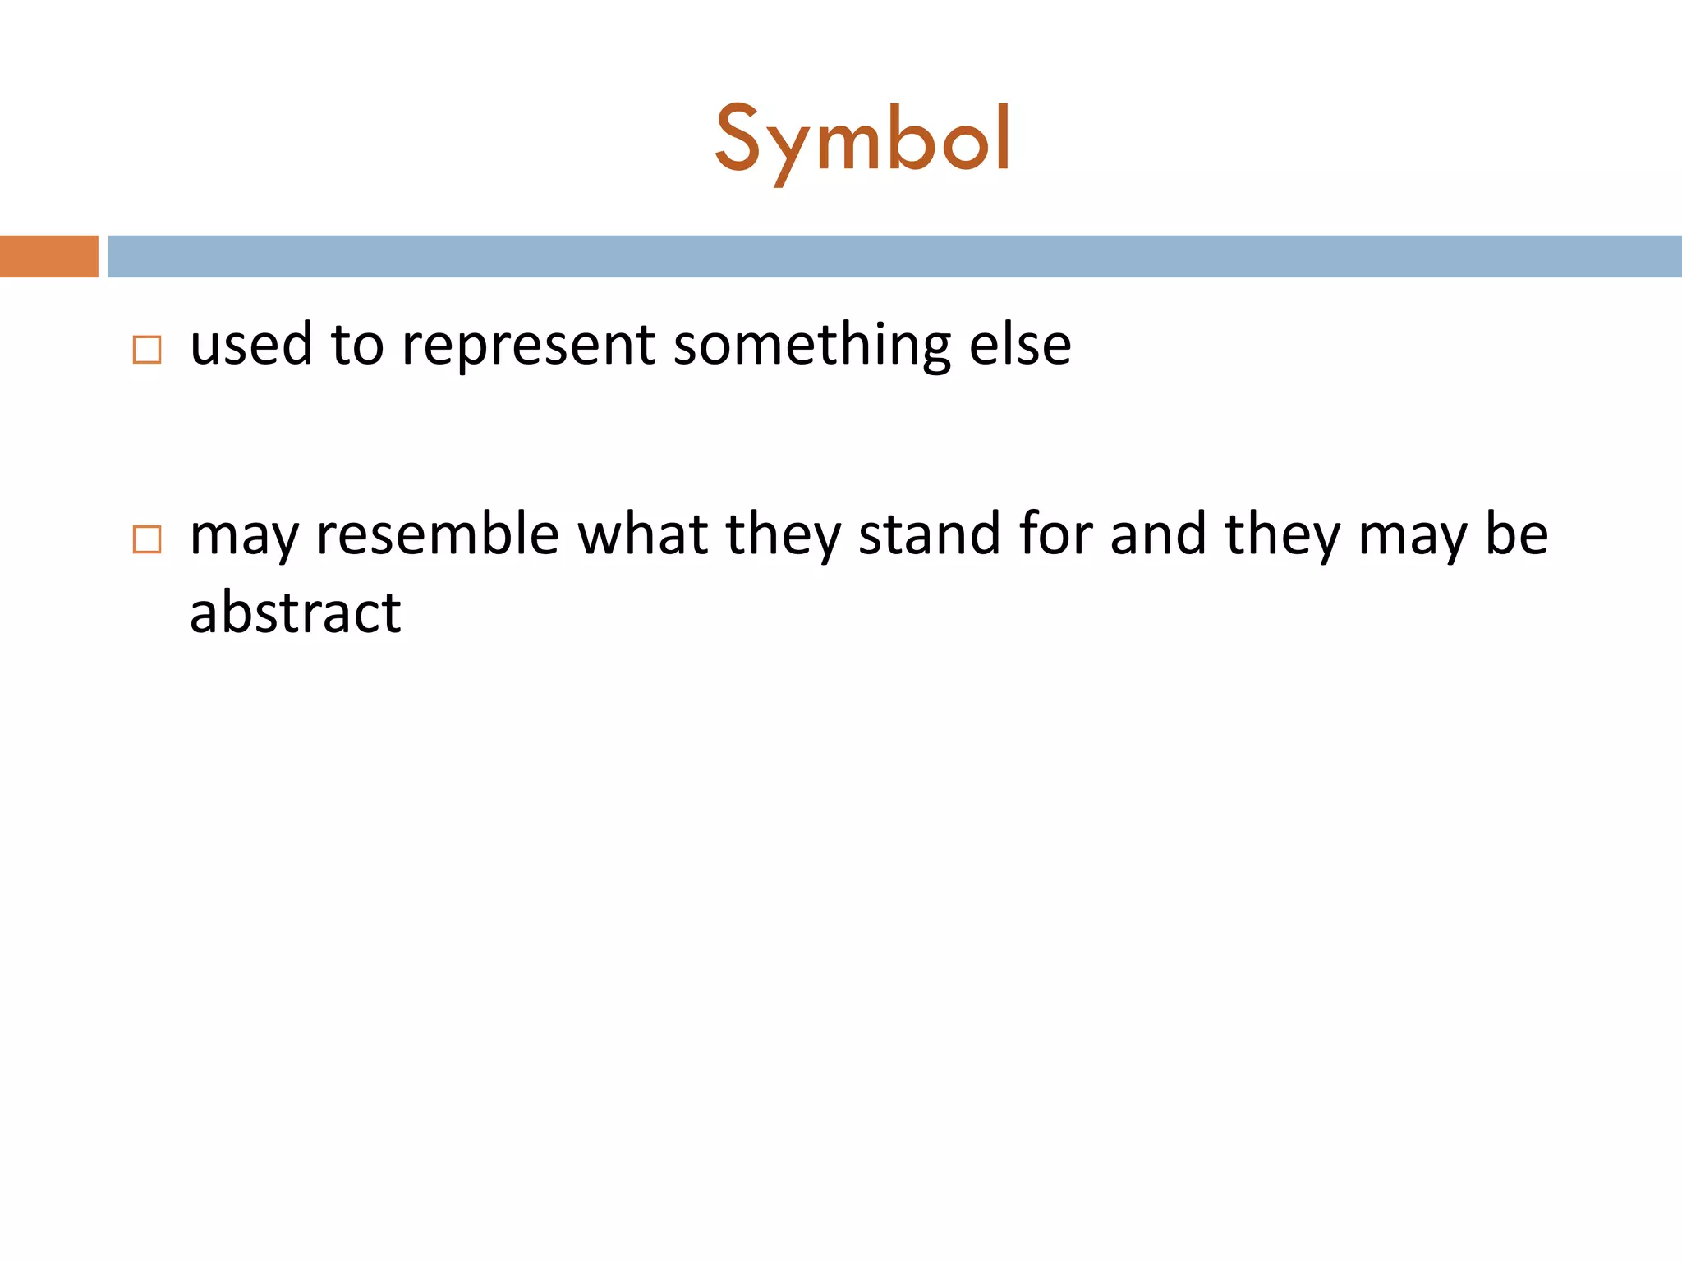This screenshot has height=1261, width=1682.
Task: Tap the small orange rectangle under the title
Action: (x=48, y=256)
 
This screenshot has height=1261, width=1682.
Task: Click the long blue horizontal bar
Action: (x=894, y=256)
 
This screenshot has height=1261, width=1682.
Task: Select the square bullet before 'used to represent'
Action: (x=147, y=350)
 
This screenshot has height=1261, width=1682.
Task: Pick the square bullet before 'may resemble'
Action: (x=147, y=539)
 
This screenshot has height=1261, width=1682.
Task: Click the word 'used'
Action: (x=250, y=345)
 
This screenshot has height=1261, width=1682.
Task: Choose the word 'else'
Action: (x=1020, y=345)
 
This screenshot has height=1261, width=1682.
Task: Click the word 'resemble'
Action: (x=437, y=534)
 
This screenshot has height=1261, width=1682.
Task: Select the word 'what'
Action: (x=642, y=534)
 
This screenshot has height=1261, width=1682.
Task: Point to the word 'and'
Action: (x=1158, y=534)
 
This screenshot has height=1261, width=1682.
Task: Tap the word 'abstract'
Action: (x=296, y=612)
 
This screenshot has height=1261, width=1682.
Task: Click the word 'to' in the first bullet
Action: (x=357, y=345)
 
